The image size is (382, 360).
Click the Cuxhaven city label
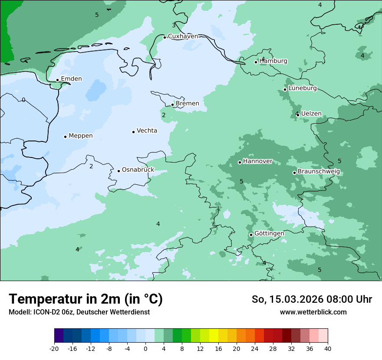click(x=183, y=36)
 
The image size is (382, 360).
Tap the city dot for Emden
click(x=57, y=80)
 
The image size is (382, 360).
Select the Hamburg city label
click(x=273, y=61)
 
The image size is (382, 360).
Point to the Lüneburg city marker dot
click(x=285, y=89)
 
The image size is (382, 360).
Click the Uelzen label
click(x=311, y=114)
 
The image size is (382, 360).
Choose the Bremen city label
click(x=188, y=104)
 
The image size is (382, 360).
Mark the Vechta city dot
click(x=133, y=132)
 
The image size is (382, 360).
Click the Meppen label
click(x=81, y=136)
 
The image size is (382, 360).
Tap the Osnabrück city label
click(x=138, y=170)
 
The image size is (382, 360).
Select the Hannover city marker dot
click(x=240, y=162)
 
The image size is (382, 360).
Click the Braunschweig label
click(x=319, y=172)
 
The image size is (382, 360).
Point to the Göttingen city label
click(x=269, y=234)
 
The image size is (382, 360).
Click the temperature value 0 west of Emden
click(x=23, y=100)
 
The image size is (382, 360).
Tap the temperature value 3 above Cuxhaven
click(x=174, y=25)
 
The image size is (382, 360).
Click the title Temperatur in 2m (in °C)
click(x=86, y=299)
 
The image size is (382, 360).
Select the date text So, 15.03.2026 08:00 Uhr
click(x=312, y=299)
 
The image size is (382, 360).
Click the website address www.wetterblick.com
click(x=313, y=312)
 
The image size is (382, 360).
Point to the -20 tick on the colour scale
click(x=54, y=348)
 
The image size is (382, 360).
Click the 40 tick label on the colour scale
click(x=327, y=348)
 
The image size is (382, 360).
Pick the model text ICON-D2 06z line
click(x=79, y=312)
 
